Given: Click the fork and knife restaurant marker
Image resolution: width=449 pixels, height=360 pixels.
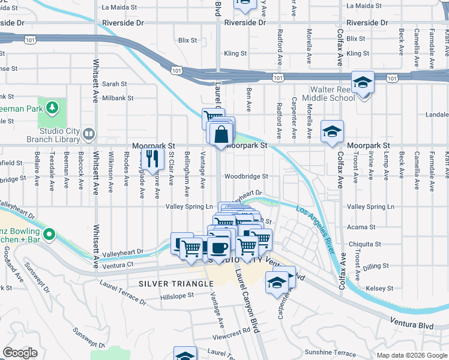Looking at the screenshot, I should (x=152, y=158).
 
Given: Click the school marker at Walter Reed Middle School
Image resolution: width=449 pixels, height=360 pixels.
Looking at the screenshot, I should (x=363, y=83).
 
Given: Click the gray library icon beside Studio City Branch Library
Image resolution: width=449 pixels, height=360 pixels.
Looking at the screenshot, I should (x=89, y=133).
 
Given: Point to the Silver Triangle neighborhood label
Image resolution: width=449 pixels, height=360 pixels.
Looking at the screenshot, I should (x=176, y=283).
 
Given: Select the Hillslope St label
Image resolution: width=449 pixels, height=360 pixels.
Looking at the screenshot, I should (x=177, y=296).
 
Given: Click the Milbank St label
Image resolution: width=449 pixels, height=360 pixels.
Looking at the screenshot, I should (x=118, y=98).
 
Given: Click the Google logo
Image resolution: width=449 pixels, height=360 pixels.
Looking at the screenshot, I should (x=20, y=352).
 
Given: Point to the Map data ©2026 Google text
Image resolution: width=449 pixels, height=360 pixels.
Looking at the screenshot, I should (x=411, y=355).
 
